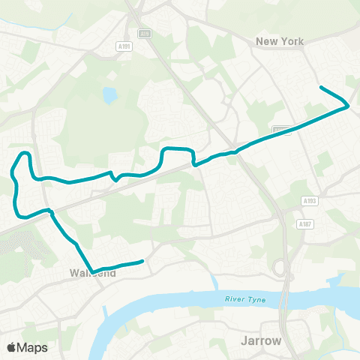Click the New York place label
point(280,41)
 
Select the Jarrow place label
point(261,340)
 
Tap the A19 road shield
point(145,33)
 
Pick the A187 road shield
point(304,223)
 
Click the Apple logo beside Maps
point(11,347)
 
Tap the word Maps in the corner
point(33,347)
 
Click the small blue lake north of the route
point(111,95)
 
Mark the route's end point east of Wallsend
point(142,262)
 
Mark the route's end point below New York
point(322,88)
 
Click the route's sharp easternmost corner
point(348,106)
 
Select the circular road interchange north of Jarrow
point(281,267)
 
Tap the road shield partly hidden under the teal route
point(281,130)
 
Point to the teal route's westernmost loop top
point(25,153)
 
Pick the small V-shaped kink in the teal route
point(115,178)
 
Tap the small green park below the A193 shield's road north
point(324,161)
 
